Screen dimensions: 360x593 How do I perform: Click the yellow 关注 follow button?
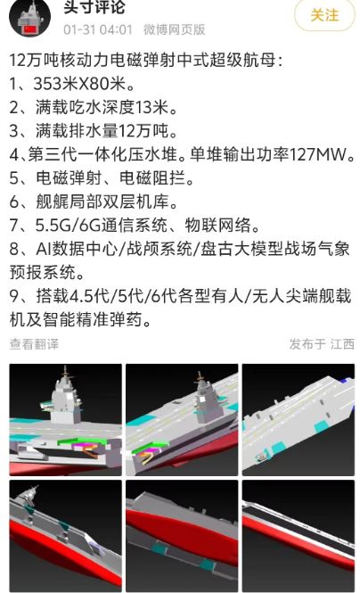(324, 15)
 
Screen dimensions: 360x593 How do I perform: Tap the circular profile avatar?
(29, 17)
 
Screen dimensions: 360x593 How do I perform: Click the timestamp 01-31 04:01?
(98, 29)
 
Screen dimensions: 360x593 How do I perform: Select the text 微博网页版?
(174, 29)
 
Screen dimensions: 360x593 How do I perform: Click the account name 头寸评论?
(94, 7)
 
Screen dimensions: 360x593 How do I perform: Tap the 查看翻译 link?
(34, 344)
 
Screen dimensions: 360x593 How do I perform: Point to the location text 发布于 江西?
(322, 344)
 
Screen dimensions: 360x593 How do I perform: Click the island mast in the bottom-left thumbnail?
(29, 497)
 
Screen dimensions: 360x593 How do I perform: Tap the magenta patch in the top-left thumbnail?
(82, 446)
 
